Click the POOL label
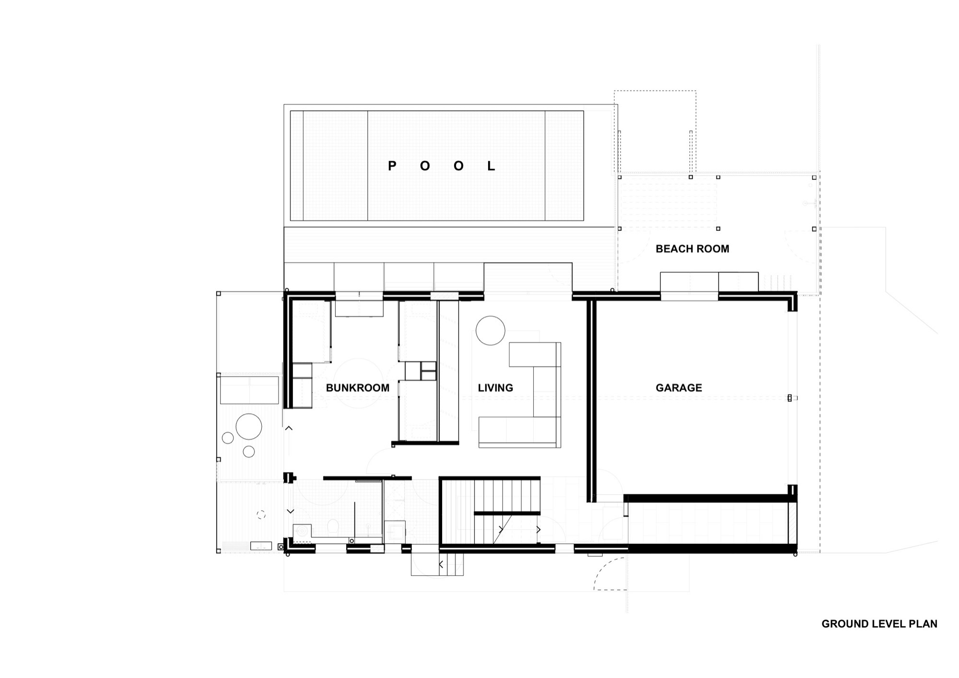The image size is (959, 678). (441, 166)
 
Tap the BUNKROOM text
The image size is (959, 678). (357, 388)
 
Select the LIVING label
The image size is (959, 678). (495, 388)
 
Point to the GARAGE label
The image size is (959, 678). (678, 388)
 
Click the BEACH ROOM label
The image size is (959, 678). (692, 249)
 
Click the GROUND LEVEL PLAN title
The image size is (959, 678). (879, 624)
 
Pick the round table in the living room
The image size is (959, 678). (490, 331)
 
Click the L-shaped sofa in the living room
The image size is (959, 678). (537, 408)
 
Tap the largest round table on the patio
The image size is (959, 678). (249, 427)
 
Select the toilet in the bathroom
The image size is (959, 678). (333, 528)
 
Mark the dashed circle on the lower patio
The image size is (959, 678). (261, 515)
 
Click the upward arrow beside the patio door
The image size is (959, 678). (289, 428)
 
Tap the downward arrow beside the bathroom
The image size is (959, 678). (290, 511)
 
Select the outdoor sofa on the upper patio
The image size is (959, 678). (249, 390)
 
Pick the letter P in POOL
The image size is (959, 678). (392, 166)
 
